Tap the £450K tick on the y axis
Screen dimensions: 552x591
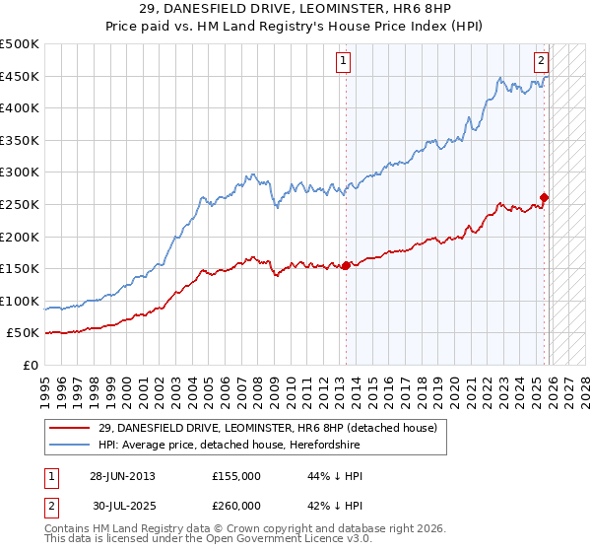[20, 76]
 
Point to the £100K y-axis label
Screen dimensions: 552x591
[20, 301]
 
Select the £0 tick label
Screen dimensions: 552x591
[31, 365]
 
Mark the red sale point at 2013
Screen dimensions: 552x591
[346, 265]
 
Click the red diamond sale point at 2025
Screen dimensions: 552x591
[545, 198]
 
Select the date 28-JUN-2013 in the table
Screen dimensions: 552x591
[122, 476]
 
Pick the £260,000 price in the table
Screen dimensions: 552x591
[236, 505]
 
